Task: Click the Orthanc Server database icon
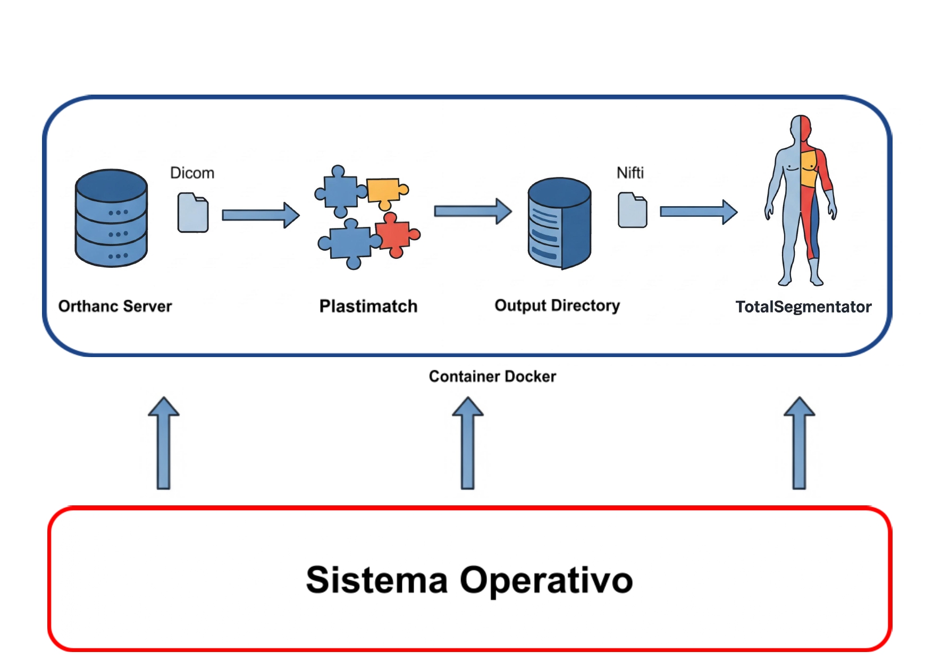pyautogui.click(x=111, y=218)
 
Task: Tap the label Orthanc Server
pyautogui.click(x=115, y=306)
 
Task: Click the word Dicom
pyautogui.click(x=192, y=173)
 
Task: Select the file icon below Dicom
pyautogui.click(x=193, y=213)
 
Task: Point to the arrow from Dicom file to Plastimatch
pyautogui.click(x=260, y=215)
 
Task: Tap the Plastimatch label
pyautogui.click(x=368, y=306)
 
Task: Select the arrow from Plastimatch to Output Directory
pyautogui.click(x=473, y=211)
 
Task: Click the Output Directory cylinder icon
pyautogui.click(x=559, y=223)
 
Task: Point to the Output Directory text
pyautogui.click(x=557, y=306)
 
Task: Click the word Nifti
pyautogui.click(x=630, y=173)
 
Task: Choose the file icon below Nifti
pyautogui.click(x=633, y=210)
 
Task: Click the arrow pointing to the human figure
pyautogui.click(x=698, y=211)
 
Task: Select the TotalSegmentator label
pyautogui.click(x=803, y=307)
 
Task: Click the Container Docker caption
pyautogui.click(x=492, y=376)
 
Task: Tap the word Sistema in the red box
pyautogui.click(x=377, y=580)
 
